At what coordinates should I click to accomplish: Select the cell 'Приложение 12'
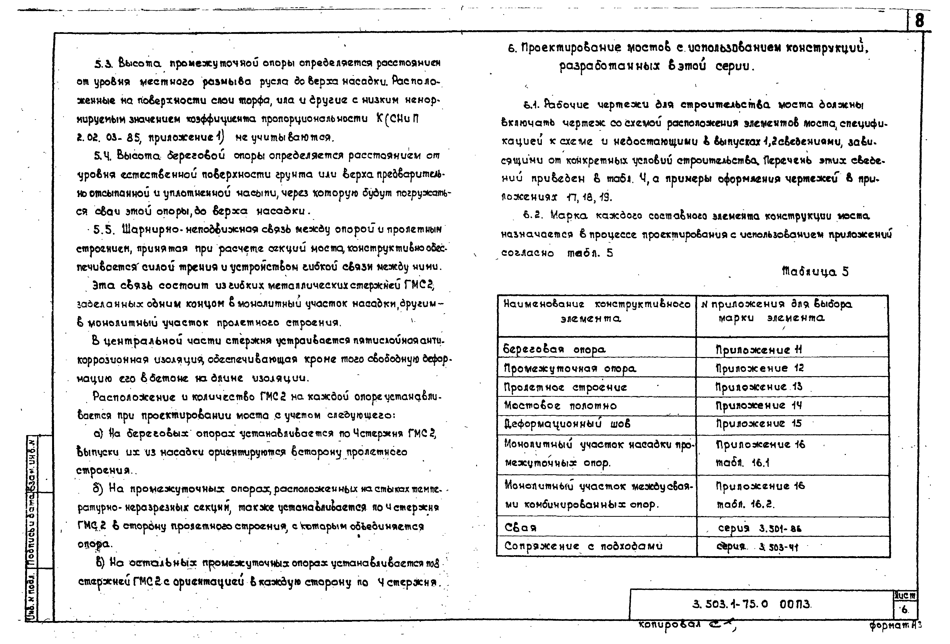tap(759, 368)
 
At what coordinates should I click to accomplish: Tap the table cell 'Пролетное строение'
tap(565, 387)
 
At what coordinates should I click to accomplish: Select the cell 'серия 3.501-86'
tap(759, 528)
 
